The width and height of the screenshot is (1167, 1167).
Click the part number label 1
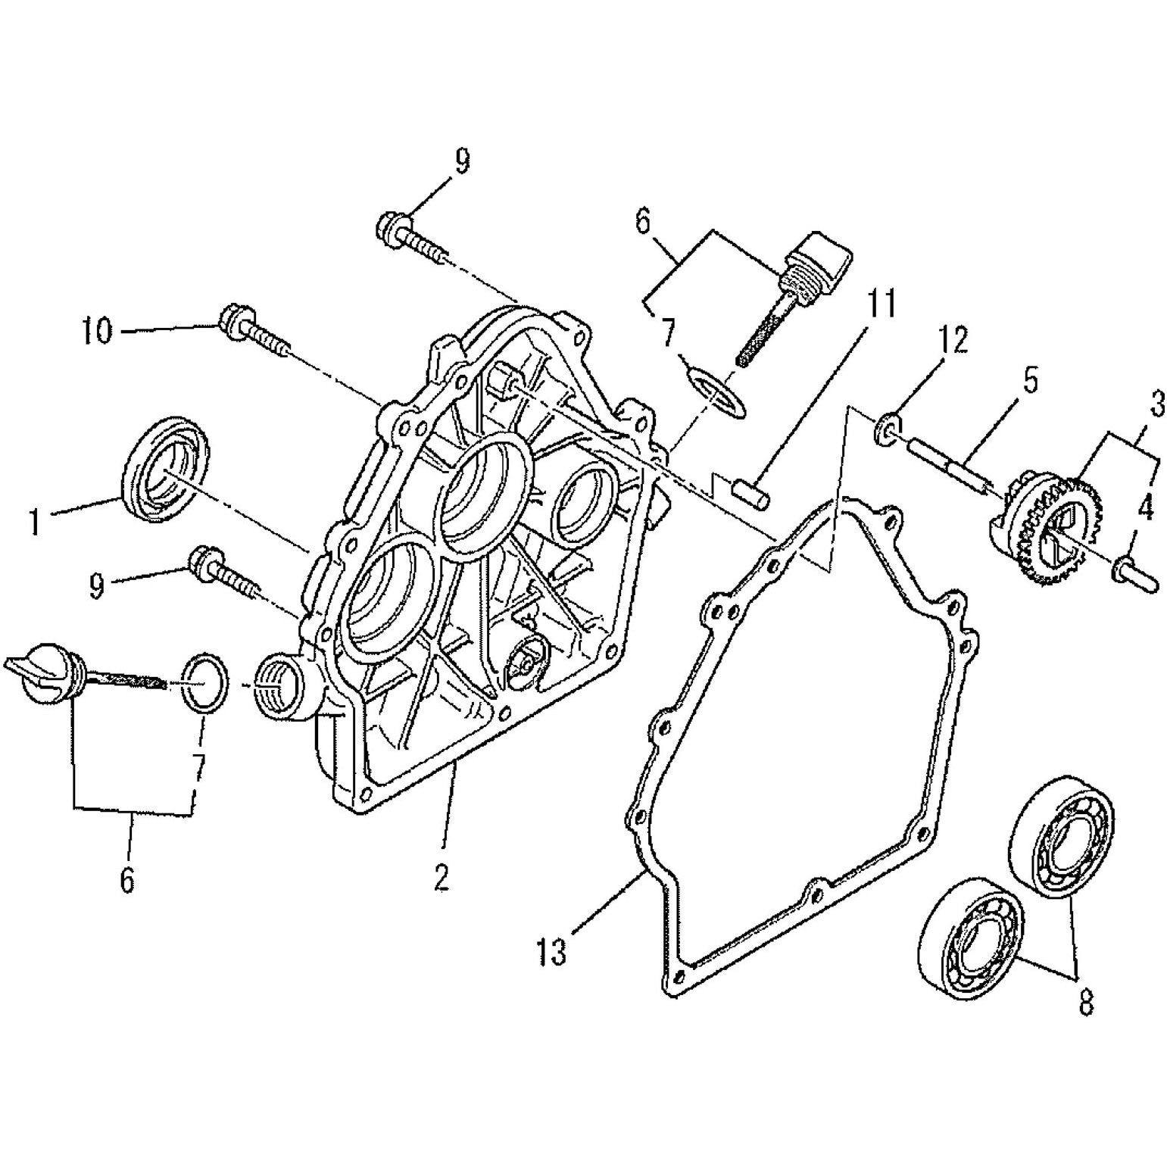[33, 522]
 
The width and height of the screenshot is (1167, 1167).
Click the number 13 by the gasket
[553, 952]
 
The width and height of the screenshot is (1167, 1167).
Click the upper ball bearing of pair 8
[1062, 836]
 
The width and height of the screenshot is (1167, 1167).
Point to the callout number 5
[1030, 382]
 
